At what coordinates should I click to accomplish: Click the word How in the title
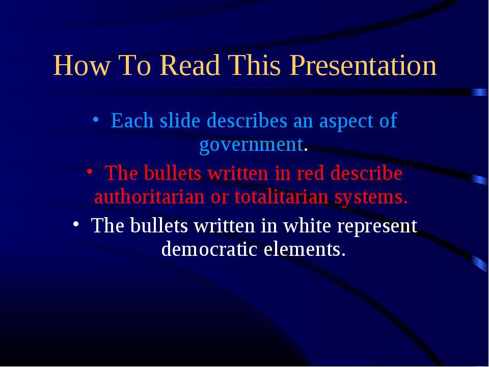click(81, 65)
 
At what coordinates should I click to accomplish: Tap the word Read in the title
click(189, 65)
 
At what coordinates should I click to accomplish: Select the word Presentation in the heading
click(363, 65)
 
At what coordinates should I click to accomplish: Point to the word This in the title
click(255, 65)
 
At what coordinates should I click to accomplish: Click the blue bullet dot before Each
click(96, 119)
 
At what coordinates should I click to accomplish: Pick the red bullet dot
click(90, 172)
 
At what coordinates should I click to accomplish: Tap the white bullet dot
click(76, 224)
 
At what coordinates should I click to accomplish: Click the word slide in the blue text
click(180, 120)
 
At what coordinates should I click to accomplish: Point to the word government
click(251, 146)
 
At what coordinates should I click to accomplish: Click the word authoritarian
click(149, 197)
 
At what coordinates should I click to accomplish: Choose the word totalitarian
click(281, 197)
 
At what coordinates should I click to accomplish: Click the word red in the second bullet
click(310, 173)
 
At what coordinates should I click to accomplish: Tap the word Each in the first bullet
click(132, 120)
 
